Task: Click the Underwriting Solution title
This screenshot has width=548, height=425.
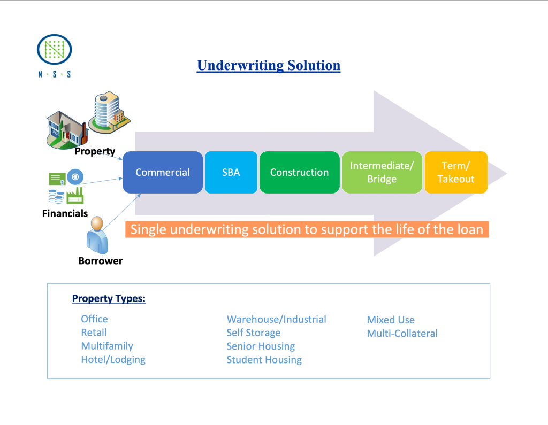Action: tap(269, 66)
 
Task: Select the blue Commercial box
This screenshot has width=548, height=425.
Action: tap(163, 172)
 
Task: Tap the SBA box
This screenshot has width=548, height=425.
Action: tap(231, 172)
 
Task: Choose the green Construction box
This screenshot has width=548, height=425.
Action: tap(299, 172)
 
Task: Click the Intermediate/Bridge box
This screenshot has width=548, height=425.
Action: tap(382, 172)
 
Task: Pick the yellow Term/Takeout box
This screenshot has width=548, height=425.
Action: tap(456, 172)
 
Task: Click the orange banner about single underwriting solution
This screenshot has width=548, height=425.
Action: tap(307, 230)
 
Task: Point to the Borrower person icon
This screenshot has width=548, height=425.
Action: tap(98, 235)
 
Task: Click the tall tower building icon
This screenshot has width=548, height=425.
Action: tap(109, 111)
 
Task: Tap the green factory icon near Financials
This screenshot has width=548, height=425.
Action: tap(75, 196)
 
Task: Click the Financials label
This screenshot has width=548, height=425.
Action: tap(65, 213)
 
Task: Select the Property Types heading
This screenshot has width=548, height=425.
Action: tap(109, 298)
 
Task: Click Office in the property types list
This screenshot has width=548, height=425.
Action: tap(94, 319)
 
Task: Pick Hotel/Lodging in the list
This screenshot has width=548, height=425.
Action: tap(113, 360)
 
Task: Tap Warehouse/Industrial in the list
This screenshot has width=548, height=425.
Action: tap(276, 319)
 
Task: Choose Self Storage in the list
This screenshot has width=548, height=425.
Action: tap(253, 333)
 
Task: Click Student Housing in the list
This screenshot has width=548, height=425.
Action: tap(264, 360)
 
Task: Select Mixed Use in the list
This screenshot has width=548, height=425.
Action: tap(391, 320)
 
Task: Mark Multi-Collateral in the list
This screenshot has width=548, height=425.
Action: tap(402, 334)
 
